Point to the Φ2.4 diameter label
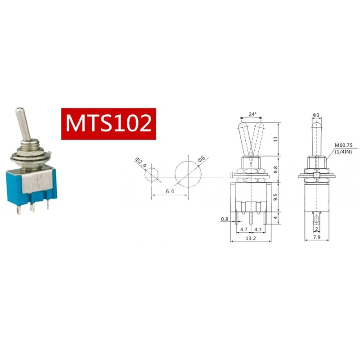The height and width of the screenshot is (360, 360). click(141, 162)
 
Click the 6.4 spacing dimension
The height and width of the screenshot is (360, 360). click(170, 191)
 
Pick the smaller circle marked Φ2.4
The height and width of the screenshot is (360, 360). click(152, 174)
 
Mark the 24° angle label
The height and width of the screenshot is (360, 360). click(252, 114)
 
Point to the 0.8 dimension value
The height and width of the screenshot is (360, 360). click(224, 219)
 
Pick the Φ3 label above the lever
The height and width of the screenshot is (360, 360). click(316, 116)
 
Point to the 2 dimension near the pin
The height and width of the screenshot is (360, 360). click(317, 229)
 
